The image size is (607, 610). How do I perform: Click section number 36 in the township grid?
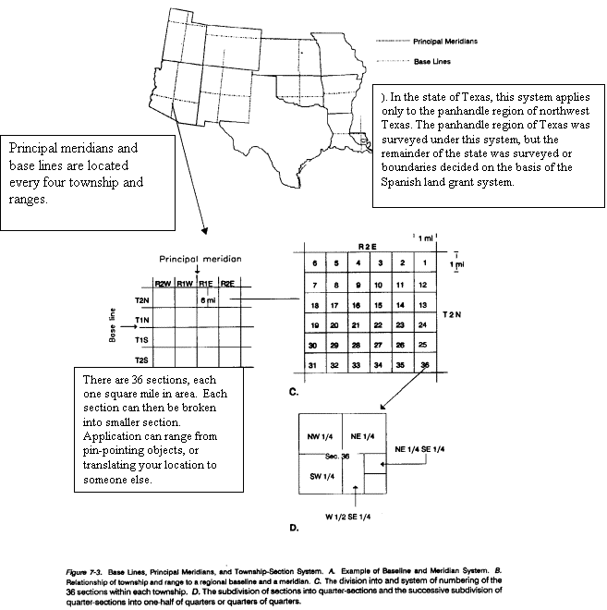(424, 365)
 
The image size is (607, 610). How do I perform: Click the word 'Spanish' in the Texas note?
(401, 180)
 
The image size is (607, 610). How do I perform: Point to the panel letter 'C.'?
(292, 393)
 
